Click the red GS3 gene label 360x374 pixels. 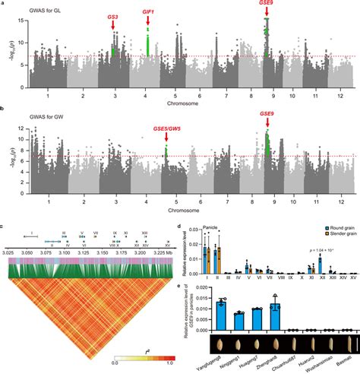click(112, 16)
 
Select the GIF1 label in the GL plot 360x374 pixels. click(148, 11)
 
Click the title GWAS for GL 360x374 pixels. click(34, 6)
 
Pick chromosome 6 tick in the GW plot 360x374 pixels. click(200, 204)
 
